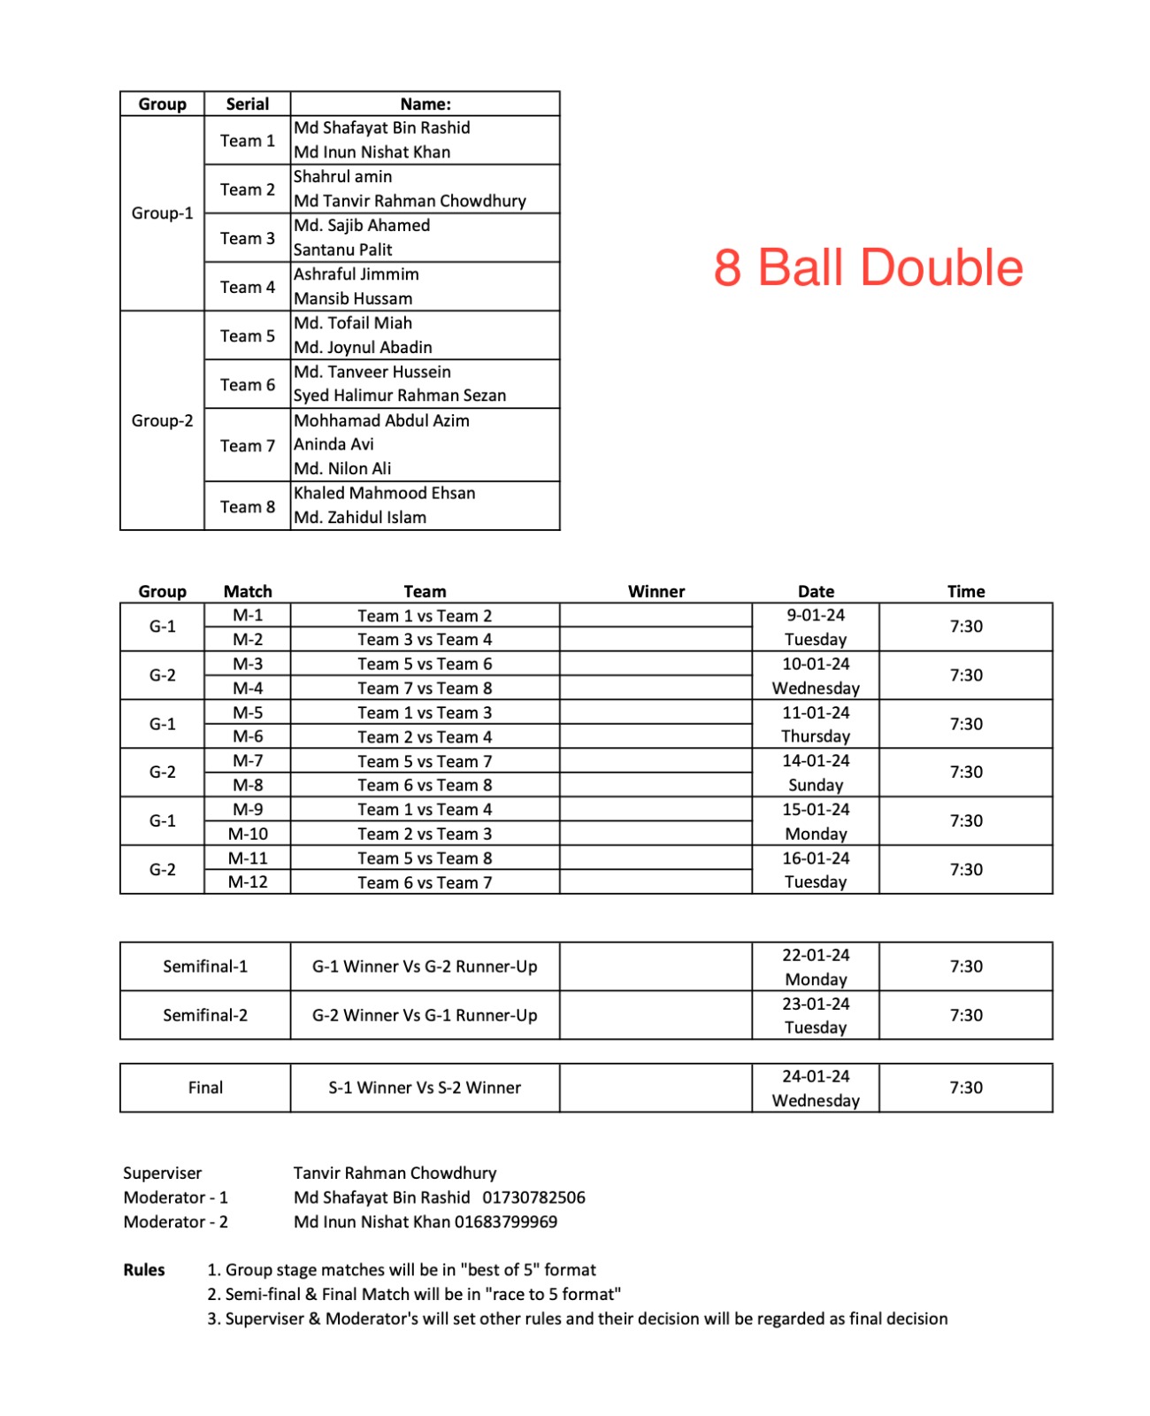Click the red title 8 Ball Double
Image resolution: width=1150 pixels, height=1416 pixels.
tap(868, 267)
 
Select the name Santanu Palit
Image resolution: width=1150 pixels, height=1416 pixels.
tap(342, 250)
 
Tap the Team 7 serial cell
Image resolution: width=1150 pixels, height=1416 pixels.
tap(248, 445)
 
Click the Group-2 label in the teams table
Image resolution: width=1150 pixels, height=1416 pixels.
tap(162, 420)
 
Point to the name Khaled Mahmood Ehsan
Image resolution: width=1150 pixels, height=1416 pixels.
tap(384, 493)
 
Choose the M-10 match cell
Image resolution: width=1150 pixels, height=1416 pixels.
tap(248, 834)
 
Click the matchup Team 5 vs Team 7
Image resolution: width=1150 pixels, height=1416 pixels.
tap(425, 761)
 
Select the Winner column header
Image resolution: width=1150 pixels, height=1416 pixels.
tap(656, 591)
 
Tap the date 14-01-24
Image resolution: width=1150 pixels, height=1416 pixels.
tap(816, 760)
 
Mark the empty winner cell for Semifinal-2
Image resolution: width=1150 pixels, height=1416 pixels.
tap(655, 1015)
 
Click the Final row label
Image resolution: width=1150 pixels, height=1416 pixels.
tap(205, 1088)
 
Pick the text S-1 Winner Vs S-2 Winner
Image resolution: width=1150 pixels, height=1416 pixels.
tap(425, 1088)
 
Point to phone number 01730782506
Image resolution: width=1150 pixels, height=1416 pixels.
tap(533, 1197)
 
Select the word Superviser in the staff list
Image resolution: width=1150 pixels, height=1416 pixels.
tap(162, 1173)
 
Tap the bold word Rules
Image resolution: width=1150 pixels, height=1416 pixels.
tap(144, 1270)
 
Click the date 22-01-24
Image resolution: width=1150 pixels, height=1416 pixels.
tap(816, 955)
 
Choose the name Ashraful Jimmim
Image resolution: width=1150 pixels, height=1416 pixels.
tap(356, 274)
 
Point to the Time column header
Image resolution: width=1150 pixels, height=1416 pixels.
tap(966, 591)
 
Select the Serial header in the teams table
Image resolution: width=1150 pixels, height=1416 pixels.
tap(248, 104)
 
